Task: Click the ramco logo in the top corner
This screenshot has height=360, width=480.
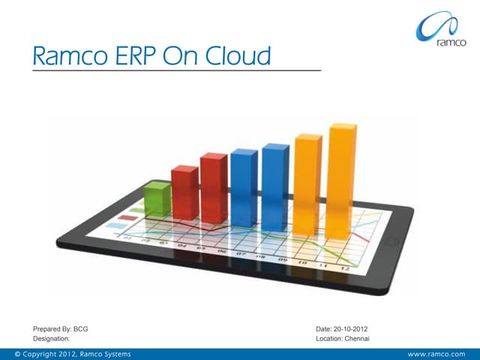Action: coord(442,30)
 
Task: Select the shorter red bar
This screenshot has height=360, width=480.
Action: coord(184,190)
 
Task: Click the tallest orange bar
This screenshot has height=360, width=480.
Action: coord(342,180)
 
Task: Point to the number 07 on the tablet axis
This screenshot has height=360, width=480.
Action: coord(241,254)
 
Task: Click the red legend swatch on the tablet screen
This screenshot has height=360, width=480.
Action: coord(128,217)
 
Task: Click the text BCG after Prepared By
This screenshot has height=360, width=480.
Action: coord(80,329)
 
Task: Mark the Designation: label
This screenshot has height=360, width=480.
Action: coord(52,339)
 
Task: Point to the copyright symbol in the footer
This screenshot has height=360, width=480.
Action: coord(7,353)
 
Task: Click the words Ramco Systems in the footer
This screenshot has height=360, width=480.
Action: coord(106,353)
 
